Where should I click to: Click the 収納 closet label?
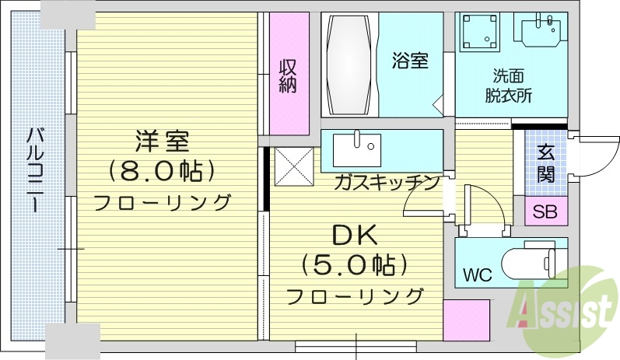pyautogui.click(x=289, y=75)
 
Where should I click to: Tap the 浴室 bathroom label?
pyautogui.click(x=410, y=61)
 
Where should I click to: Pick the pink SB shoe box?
pyautogui.click(x=545, y=211)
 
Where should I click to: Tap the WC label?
pyautogui.click(x=478, y=274)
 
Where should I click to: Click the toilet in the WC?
pyautogui.click(x=529, y=262)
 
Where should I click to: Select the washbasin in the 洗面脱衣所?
pyautogui.click(x=542, y=33)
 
